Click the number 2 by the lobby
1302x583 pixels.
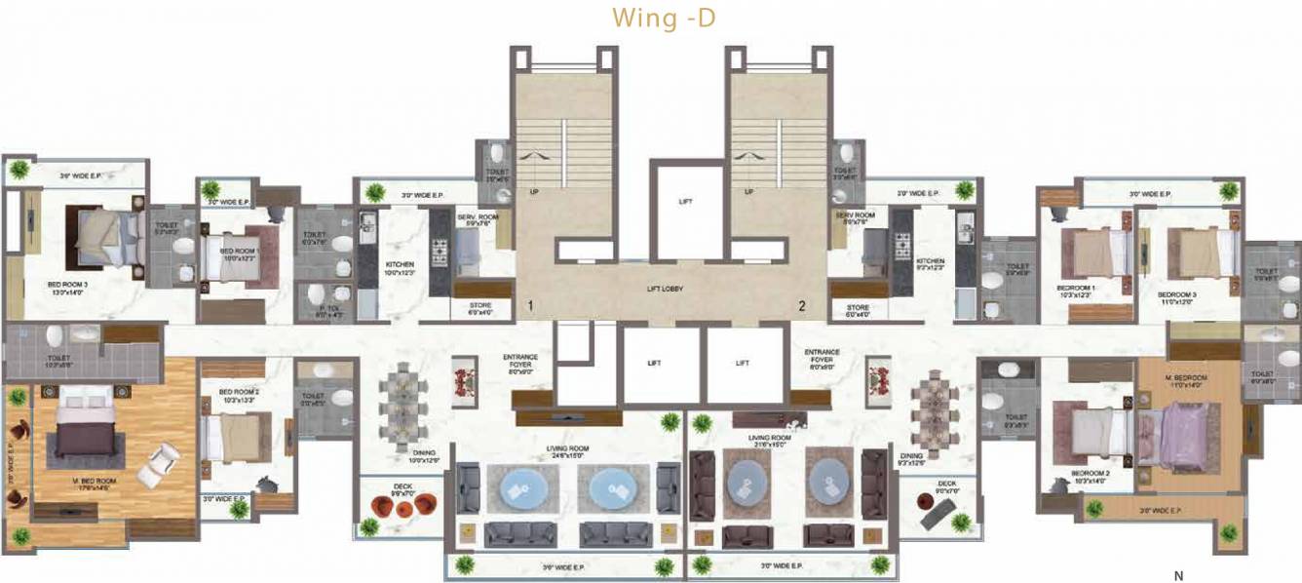[x=802, y=306]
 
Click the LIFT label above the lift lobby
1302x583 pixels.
[x=685, y=202]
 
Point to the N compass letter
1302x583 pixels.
[x=1178, y=575]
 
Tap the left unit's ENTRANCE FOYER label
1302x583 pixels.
[x=520, y=362]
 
